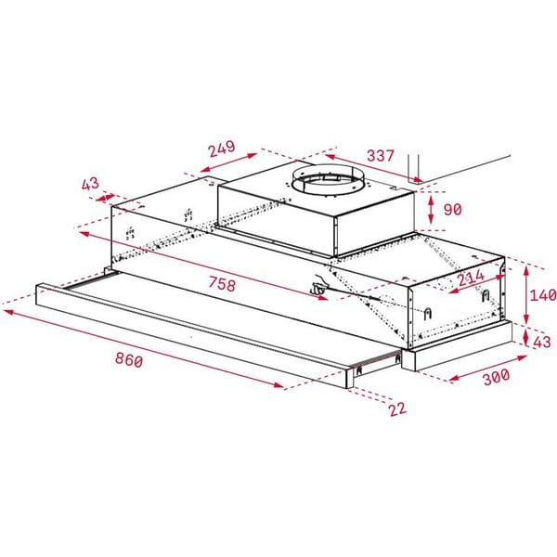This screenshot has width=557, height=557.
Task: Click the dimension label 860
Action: coord(129,360)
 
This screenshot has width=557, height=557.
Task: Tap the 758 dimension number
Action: coord(222,284)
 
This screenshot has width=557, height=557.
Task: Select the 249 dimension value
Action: coord(222,149)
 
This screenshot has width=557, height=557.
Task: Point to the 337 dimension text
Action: coord(381,155)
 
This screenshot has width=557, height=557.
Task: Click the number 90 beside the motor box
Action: coord(453,210)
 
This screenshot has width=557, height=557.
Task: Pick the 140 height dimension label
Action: coord(543,295)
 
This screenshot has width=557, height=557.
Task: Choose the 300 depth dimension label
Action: coord(497,377)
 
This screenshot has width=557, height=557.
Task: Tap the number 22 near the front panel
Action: coord(397,408)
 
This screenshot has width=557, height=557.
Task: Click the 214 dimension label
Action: coord(471,278)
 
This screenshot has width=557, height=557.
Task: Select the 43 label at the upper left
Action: coord(90,184)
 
